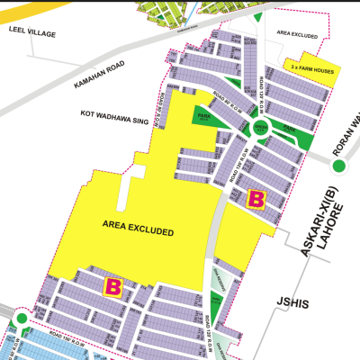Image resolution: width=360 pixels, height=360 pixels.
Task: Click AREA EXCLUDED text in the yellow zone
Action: click(x=138, y=232)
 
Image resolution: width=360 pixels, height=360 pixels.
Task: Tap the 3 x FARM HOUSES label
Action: click(x=310, y=67)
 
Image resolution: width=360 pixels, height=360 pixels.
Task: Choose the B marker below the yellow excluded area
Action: click(x=113, y=288)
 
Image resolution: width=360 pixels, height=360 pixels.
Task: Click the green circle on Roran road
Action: click(x=339, y=166)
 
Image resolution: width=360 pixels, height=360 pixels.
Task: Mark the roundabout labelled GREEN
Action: click(x=260, y=128)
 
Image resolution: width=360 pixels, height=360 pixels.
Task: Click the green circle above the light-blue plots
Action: click(x=21, y=319)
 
